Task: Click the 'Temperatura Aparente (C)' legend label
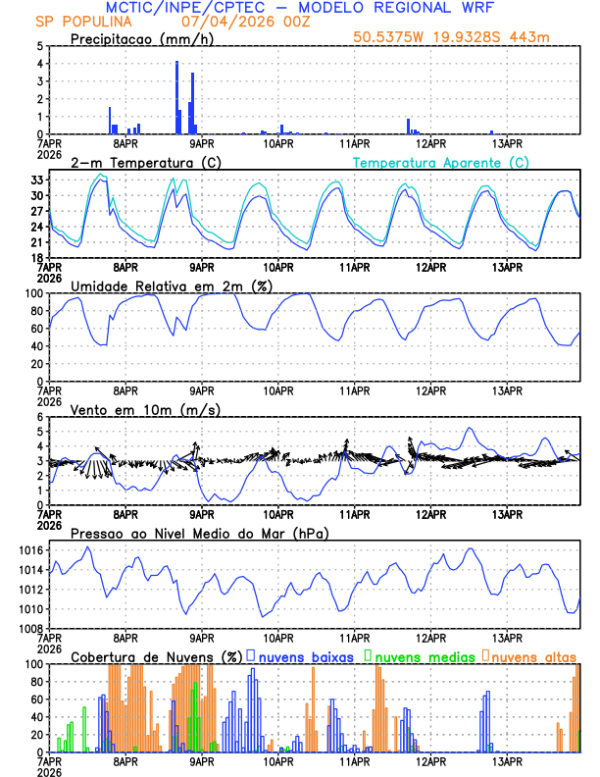(441, 162)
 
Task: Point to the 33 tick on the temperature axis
(39, 180)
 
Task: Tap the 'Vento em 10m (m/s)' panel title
(145, 409)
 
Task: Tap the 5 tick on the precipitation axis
(40, 46)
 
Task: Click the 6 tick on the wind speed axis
(40, 417)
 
